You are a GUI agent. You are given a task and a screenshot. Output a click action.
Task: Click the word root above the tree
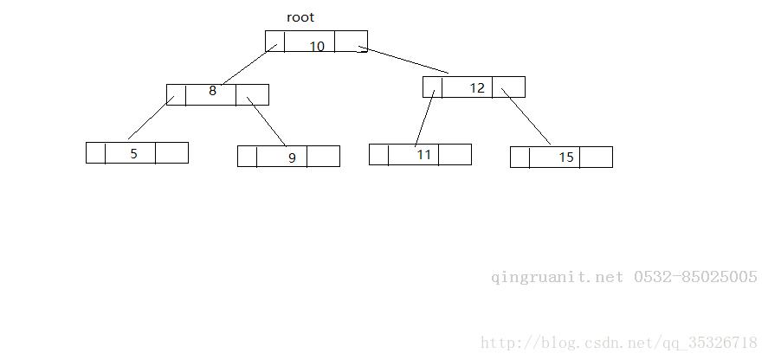(x=300, y=17)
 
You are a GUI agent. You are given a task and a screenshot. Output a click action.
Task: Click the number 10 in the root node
(x=318, y=47)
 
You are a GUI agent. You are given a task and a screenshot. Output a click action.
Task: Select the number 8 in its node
(x=213, y=91)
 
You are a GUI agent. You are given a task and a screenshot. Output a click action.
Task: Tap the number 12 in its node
(x=477, y=88)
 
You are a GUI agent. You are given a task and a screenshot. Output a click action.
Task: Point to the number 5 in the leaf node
(x=133, y=154)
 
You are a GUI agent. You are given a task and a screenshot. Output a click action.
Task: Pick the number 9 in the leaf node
(x=292, y=157)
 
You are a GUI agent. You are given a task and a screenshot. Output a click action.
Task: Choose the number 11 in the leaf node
(x=424, y=155)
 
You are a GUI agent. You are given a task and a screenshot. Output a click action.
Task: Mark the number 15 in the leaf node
(x=566, y=157)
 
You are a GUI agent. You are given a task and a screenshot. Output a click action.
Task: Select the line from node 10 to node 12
(x=403, y=60)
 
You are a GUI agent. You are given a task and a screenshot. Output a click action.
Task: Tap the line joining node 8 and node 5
(x=151, y=118)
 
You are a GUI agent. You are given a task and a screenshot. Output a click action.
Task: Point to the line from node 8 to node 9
(x=266, y=121)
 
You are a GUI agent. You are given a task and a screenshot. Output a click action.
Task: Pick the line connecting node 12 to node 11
(x=424, y=118)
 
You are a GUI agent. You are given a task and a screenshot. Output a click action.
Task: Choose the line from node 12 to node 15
(x=526, y=117)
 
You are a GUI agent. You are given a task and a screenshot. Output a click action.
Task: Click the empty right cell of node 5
(x=172, y=153)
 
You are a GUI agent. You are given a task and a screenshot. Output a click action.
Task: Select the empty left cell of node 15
(x=520, y=157)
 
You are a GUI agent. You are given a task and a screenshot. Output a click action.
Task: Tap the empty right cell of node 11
(x=455, y=154)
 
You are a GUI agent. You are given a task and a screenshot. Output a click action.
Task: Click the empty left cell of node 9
(x=247, y=157)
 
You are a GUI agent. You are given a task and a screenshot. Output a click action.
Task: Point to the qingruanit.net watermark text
(x=558, y=277)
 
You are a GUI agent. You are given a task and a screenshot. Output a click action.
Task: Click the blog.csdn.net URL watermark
(x=619, y=343)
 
